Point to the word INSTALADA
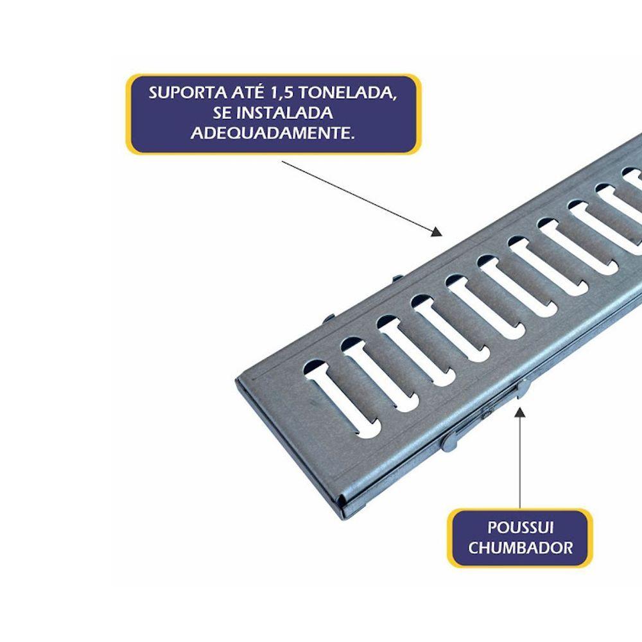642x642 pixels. [x=285, y=112]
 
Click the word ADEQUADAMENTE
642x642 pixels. [x=273, y=133]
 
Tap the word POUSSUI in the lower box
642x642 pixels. [x=520, y=527]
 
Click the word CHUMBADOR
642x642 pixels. [x=520, y=548]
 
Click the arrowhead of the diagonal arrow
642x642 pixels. [x=437, y=232]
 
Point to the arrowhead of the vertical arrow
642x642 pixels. [x=520, y=412]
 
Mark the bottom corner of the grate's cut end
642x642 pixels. [x=343, y=517]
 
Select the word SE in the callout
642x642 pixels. [x=222, y=112]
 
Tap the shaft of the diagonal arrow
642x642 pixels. [x=357, y=195]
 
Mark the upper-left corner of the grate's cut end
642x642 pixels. [x=236, y=379]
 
